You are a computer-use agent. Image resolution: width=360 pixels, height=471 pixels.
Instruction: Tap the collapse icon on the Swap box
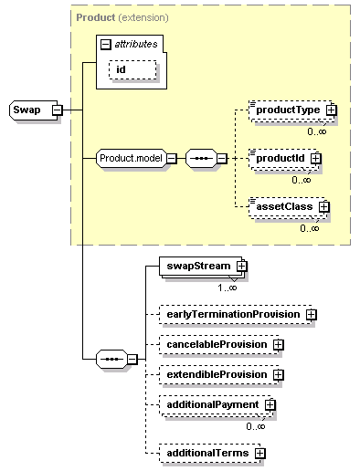pyautogui.click(x=57, y=110)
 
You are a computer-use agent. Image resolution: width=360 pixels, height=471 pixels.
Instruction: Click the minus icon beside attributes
pyautogui.click(x=106, y=43)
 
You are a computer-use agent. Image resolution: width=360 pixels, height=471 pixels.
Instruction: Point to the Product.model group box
pyautogui.click(x=129, y=158)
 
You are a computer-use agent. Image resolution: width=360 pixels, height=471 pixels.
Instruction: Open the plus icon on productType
pyautogui.click(x=331, y=110)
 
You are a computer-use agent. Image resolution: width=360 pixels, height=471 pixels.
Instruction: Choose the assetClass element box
pyautogui.click(x=282, y=206)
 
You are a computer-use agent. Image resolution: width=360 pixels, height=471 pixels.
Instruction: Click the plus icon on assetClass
pyautogui.click(x=323, y=206)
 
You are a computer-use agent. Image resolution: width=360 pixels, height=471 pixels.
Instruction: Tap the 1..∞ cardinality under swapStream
pyautogui.click(x=228, y=288)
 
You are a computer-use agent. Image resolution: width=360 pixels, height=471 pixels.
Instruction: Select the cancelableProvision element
pyautogui.click(x=216, y=344)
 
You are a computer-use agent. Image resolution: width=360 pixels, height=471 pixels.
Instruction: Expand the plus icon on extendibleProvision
pyautogui.click(x=278, y=374)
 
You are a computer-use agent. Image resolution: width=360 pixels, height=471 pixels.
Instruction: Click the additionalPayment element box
pyautogui.click(x=211, y=404)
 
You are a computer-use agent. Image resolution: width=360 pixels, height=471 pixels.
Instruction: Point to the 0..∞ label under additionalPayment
pyautogui.click(x=254, y=425)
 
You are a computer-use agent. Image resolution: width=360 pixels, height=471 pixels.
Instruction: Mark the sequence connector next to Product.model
pyautogui.click(x=202, y=158)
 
